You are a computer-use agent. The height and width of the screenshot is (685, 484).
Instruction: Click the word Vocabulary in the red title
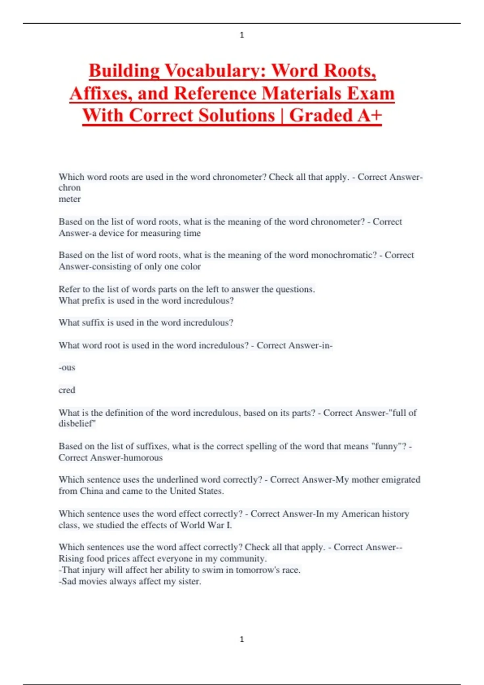pyautogui.click(x=209, y=71)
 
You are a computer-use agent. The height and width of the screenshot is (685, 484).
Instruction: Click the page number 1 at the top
pyautogui.click(x=242, y=35)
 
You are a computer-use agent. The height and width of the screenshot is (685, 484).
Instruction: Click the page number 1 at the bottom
pyautogui.click(x=242, y=639)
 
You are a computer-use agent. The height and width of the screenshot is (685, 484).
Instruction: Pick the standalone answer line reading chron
pyautogui.click(x=69, y=188)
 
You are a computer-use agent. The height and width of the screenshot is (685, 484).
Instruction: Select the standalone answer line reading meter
pyautogui.click(x=69, y=199)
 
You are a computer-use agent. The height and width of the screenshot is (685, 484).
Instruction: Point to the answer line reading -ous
pyautogui.click(x=67, y=367)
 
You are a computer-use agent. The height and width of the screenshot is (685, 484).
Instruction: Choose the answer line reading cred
pyautogui.click(x=67, y=390)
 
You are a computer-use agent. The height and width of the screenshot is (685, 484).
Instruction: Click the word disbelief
pyautogui.click(x=77, y=424)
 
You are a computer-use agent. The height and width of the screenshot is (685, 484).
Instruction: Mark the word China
pyautogui.click(x=92, y=491)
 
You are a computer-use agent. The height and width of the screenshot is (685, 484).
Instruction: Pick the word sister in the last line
pyautogui.click(x=190, y=581)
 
